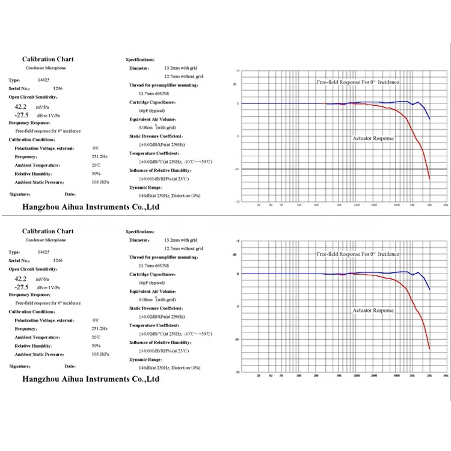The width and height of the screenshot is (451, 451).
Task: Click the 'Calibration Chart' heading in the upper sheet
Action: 48,60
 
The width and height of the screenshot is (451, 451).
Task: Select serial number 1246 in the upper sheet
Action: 58,88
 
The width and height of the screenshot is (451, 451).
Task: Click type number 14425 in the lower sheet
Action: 41,253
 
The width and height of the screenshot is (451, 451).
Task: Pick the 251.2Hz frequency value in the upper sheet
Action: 100,156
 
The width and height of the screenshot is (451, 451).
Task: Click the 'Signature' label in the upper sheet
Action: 20,194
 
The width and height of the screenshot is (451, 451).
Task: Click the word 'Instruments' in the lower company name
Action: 100,379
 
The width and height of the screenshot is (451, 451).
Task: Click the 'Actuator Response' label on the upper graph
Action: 373,138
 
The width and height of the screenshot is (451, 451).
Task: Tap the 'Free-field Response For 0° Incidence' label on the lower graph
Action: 358,254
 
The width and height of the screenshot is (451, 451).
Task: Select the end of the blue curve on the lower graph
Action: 430,290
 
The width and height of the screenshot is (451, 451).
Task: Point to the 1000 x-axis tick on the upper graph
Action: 357,205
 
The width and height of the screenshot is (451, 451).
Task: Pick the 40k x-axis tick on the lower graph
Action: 445,376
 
